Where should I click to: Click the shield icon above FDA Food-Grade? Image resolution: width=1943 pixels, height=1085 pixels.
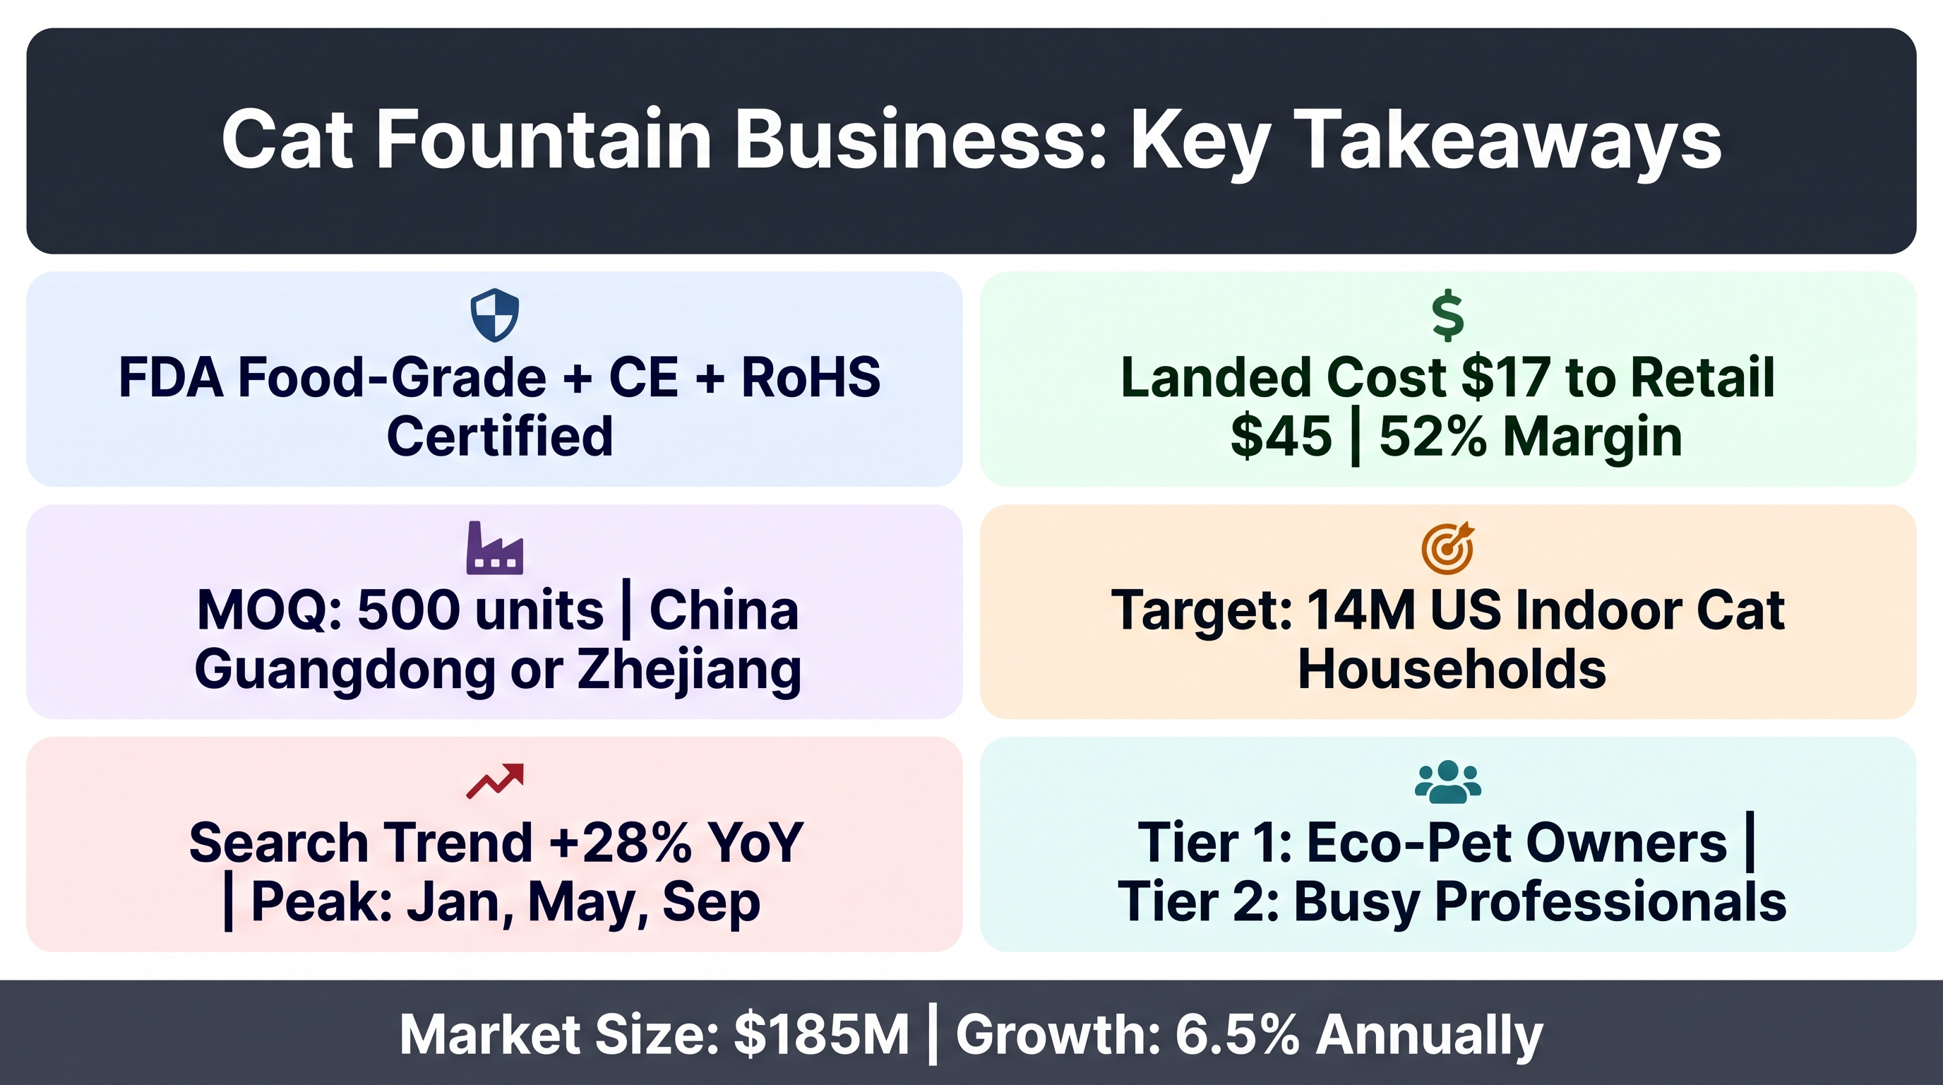(x=495, y=315)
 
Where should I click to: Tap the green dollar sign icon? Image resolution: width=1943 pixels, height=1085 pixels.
(x=1448, y=314)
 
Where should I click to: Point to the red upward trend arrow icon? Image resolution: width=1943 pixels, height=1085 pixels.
(x=495, y=781)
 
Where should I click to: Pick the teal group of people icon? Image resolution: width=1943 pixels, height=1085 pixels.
(x=1448, y=782)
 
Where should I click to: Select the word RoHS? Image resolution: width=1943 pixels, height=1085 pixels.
(x=811, y=377)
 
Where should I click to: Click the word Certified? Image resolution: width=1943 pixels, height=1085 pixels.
(x=499, y=436)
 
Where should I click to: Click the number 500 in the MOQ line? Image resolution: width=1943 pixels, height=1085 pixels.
(x=409, y=610)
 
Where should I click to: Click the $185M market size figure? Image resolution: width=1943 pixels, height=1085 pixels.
(x=821, y=1034)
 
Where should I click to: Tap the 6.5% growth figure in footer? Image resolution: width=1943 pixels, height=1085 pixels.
(x=1237, y=1034)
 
